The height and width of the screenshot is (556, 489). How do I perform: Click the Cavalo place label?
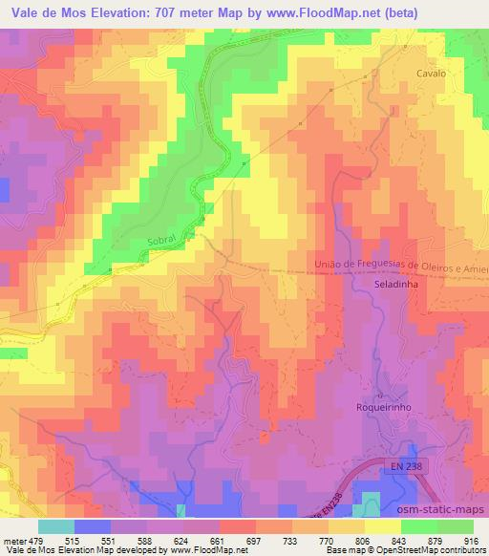[431, 73]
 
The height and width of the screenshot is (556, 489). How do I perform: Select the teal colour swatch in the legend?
[55, 525]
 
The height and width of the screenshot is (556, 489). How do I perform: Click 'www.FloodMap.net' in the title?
[314, 11]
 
